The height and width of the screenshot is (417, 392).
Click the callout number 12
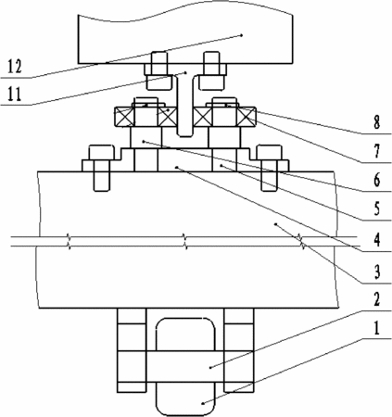15,67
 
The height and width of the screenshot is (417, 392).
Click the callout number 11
15,95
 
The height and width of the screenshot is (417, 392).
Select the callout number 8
376,122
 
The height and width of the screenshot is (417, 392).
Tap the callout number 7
376,151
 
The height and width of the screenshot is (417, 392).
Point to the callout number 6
376,180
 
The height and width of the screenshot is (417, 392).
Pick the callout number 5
376,208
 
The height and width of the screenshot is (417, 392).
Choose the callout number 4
376,240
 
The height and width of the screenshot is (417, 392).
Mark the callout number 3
376,272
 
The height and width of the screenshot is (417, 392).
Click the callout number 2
376,299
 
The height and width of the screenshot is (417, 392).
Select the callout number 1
376,328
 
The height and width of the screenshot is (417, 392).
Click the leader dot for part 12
242,35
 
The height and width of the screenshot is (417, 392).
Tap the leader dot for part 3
276,223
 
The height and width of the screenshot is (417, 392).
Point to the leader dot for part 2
210,367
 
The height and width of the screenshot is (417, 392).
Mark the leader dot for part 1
203,403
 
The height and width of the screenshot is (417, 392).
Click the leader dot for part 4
176,167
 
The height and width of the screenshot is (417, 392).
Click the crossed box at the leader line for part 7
247,117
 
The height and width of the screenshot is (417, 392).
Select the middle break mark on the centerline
185,242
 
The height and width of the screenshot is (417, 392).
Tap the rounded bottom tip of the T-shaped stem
185,134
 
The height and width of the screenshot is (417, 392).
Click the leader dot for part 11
185,72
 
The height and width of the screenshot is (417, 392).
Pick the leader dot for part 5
221,166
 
